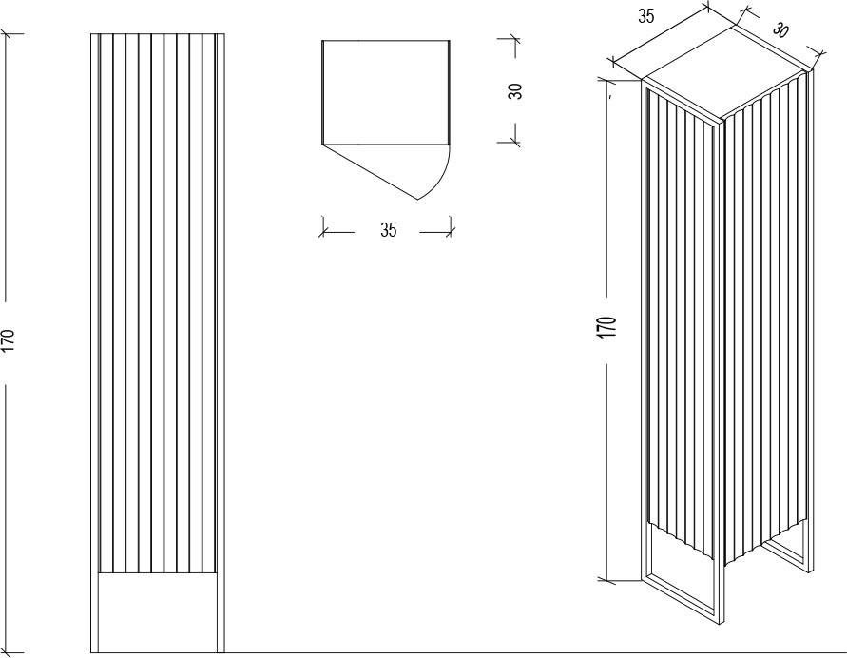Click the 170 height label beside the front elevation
coord(10,340)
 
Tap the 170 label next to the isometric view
coord(607,328)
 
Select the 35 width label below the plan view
coord(388,230)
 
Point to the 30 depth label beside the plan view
coord(515,90)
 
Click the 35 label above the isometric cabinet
coord(646,17)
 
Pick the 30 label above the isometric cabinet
coord(780,29)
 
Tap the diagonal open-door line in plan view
coord(371,172)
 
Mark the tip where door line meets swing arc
coord(418,200)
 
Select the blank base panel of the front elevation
coord(158,612)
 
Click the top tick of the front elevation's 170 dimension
coord(8,33)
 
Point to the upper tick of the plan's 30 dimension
coord(514,39)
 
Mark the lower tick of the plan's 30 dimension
coord(514,142)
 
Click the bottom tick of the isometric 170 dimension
coord(607,580)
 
